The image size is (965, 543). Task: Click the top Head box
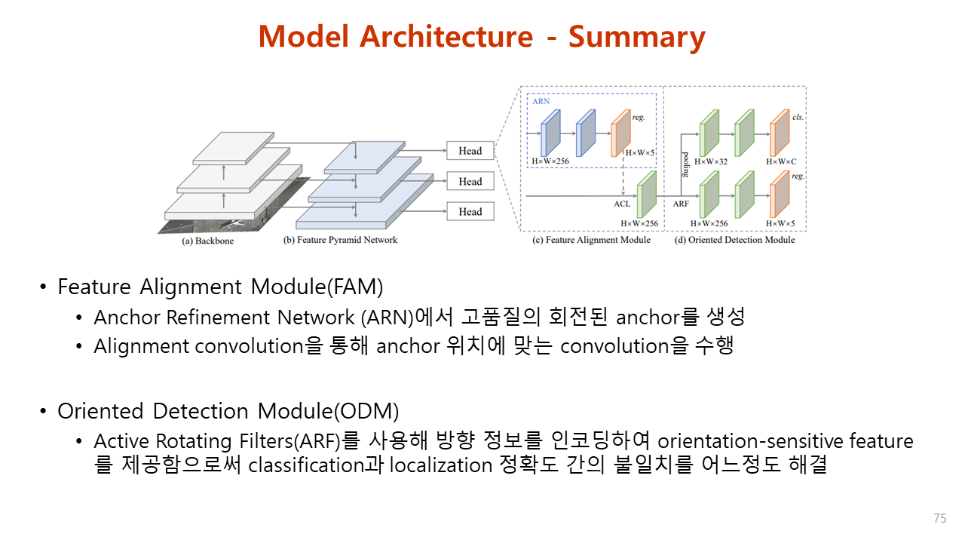[x=470, y=151]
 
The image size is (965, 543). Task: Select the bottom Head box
[x=470, y=211]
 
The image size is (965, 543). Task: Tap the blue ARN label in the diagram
[x=541, y=100]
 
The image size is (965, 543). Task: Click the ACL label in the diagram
[x=621, y=204]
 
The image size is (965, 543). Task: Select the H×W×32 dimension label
[x=710, y=161]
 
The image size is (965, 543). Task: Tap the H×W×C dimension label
[x=781, y=161]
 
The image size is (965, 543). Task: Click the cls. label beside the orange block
[x=798, y=117]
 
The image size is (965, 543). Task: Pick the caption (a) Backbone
[x=208, y=241]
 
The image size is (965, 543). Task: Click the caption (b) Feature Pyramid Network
[x=340, y=240]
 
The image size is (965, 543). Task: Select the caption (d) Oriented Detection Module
[x=736, y=240]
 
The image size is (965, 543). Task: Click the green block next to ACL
[x=647, y=194]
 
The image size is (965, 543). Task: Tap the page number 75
[x=939, y=519]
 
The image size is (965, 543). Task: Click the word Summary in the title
[x=636, y=36]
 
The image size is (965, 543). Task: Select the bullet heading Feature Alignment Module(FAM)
[x=220, y=287]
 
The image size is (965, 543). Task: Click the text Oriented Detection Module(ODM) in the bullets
[x=228, y=411]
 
